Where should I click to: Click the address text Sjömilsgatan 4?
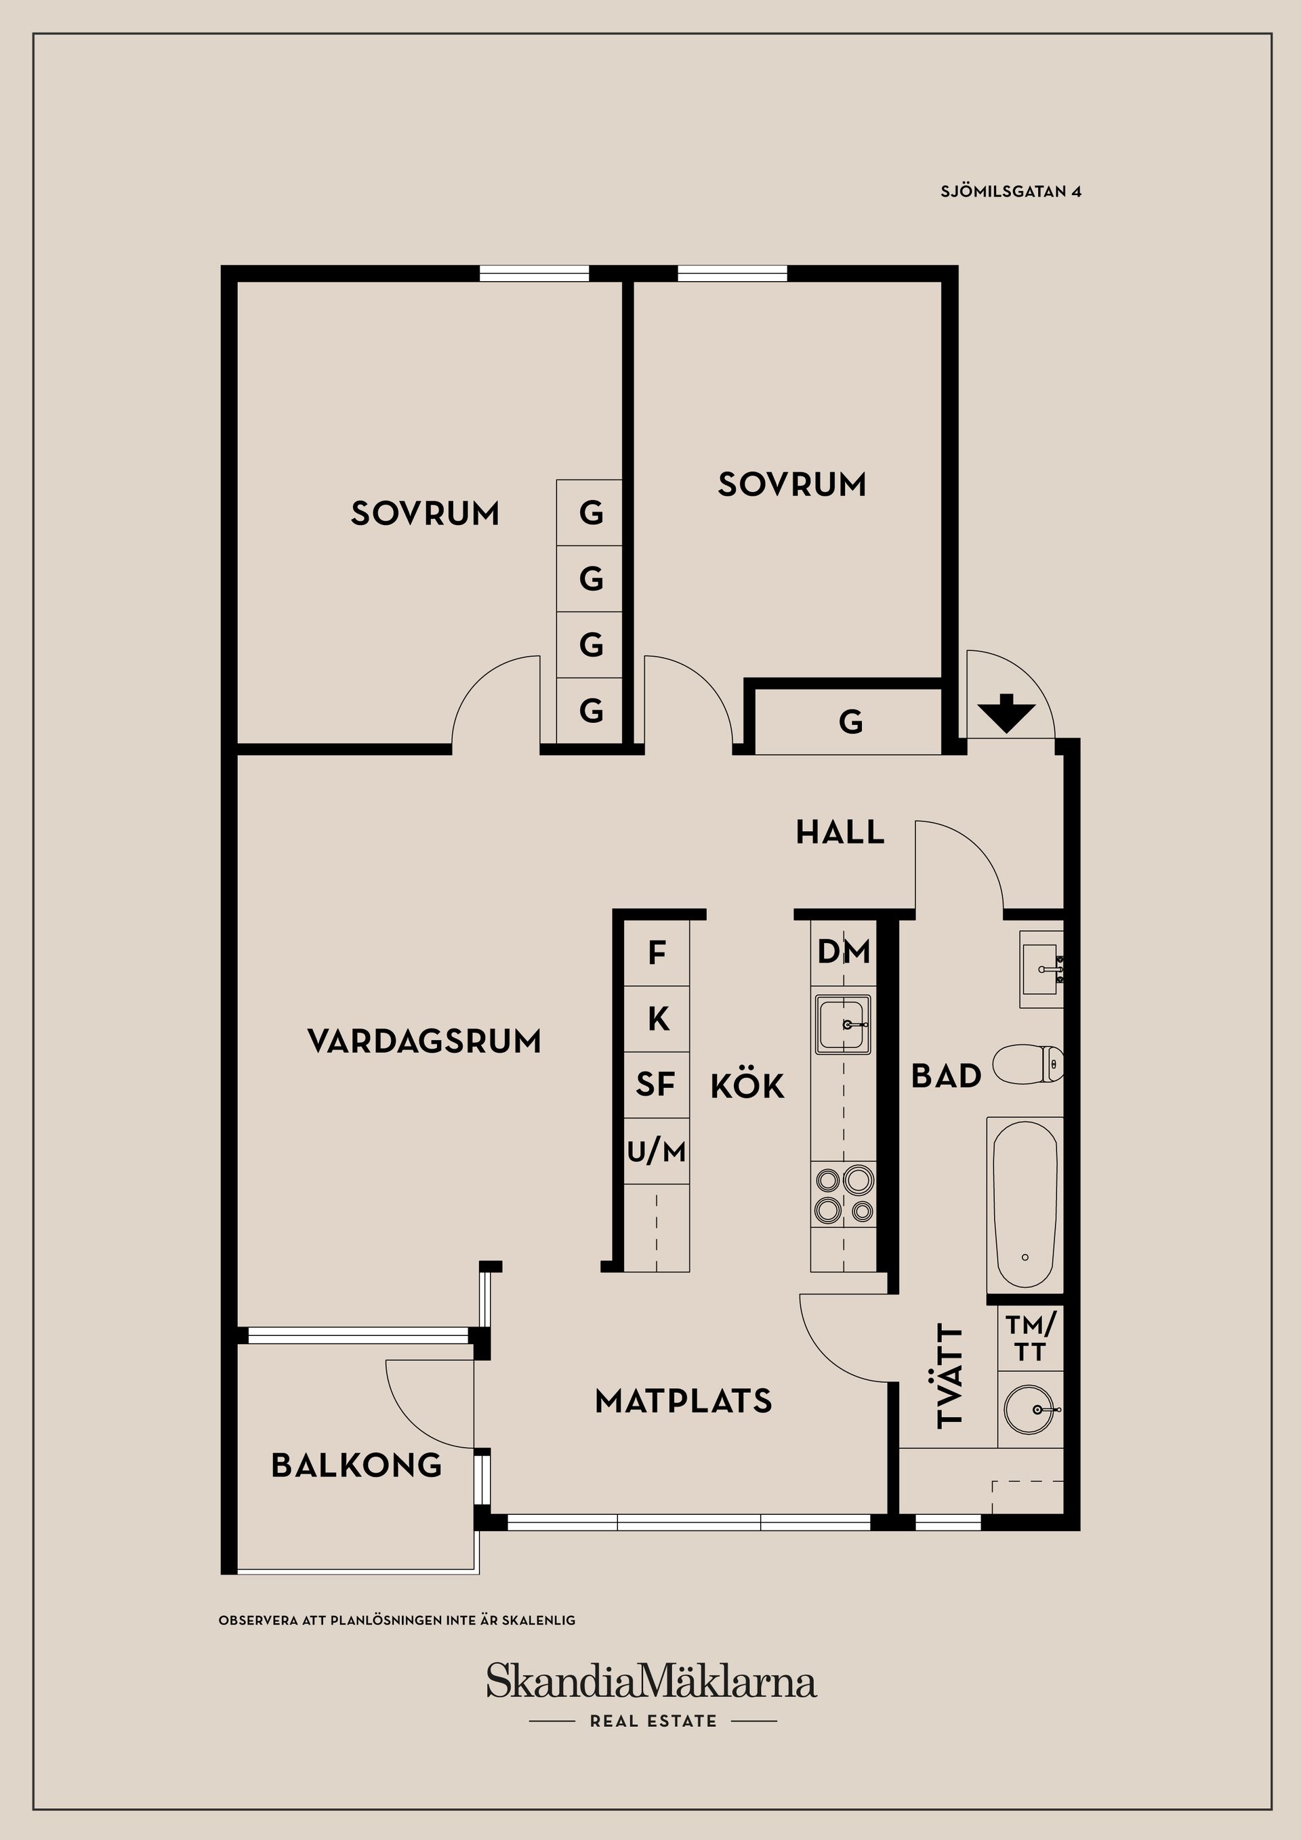(1011, 192)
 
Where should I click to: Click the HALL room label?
(840, 833)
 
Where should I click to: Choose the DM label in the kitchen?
(844, 952)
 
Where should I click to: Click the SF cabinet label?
(656, 1085)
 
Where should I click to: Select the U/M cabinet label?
(657, 1152)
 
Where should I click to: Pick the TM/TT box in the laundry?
(1031, 1339)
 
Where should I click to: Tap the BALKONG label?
(356, 1466)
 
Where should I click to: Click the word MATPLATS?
(683, 1402)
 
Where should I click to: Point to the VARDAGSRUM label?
(424, 1042)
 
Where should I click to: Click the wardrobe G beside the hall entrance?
(850, 723)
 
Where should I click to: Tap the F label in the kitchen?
(657, 953)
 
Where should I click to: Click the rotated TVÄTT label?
(950, 1376)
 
